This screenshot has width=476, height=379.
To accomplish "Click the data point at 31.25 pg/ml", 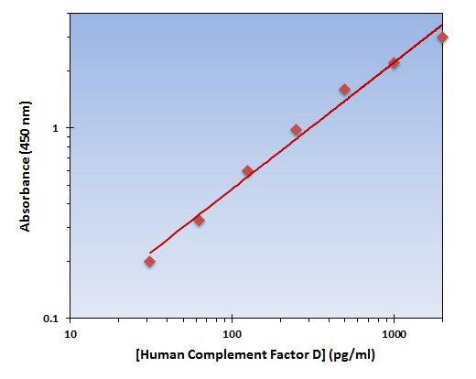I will pyautogui.click(x=149, y=262).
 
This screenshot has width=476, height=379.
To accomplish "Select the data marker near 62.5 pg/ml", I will pyautogui.click(x=199, y=220).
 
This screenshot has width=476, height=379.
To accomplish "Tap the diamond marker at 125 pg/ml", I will pyautogui.click(x=247, y=171).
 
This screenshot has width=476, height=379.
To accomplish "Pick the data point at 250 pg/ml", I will pyautogui.click(x=296, y=130).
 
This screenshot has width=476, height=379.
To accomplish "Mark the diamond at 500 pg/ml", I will pyautogui.click(x=344, y=90).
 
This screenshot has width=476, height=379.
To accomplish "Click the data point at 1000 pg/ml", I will pyautogui.click(x=394, y=63).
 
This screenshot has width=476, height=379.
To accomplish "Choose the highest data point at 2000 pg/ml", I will pyautogui.click(x=442, y=38).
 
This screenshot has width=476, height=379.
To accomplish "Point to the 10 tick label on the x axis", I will pyautogui.click(x=70, y=334).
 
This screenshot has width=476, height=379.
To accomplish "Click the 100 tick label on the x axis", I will pyautogui.click(x=233, y=334).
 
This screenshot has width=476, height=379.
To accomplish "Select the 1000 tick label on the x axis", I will pyautogui.click(x=394, y=334).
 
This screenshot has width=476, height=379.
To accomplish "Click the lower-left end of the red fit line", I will pyautogui.click(x=150, y=253).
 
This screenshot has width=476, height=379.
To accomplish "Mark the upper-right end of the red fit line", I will pyautogui.click(x=442, y=26).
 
